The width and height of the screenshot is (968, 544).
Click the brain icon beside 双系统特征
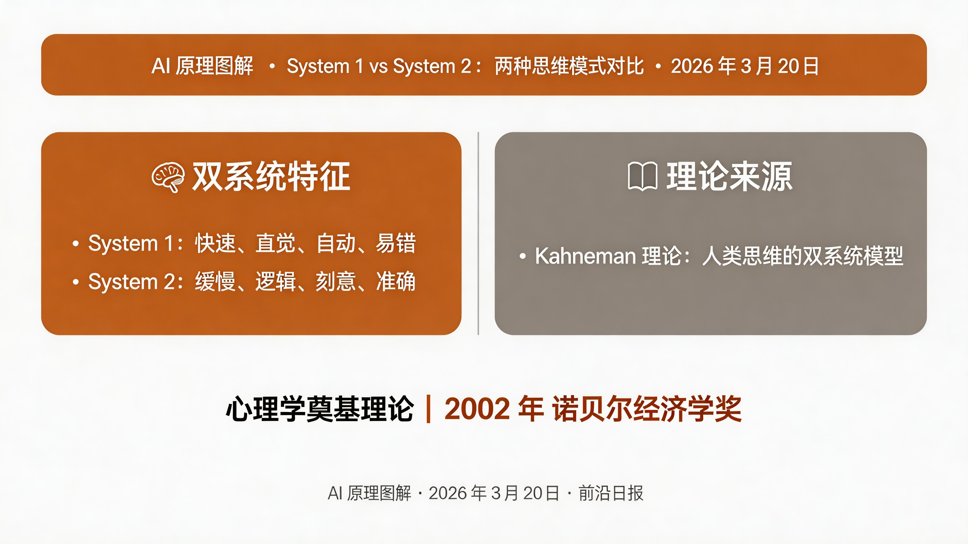pos(168,177)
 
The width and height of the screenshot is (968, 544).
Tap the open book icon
pos(642,176)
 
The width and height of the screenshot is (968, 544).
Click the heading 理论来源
pos(729,176)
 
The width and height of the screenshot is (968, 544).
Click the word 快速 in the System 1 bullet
pos(215,243)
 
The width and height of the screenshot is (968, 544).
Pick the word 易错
pos(396,243)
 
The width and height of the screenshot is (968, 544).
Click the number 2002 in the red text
pos(477,408)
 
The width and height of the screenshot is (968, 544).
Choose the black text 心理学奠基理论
pos(320,408)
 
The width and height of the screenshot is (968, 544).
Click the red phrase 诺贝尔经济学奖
pos(646,408)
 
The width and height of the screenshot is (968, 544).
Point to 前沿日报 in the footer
pos(611,493)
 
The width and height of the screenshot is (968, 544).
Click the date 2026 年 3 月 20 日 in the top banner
pos(745,66)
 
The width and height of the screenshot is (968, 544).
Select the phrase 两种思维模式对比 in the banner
pos(569,66)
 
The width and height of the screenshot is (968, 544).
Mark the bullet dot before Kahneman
pos(522,256)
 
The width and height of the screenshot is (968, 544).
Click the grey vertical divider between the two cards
pos(478,233)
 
